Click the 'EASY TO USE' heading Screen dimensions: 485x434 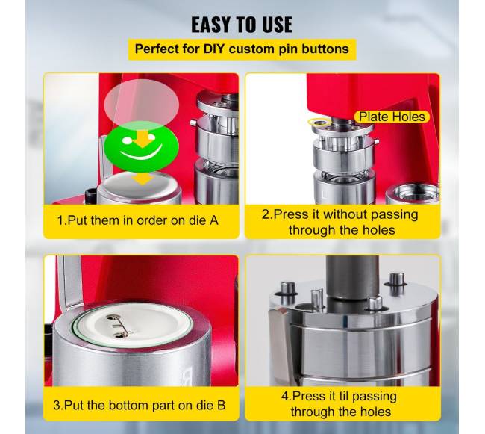242,25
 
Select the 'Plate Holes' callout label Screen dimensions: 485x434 392,117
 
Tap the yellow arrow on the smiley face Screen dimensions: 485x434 143,139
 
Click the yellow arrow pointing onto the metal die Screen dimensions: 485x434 143,179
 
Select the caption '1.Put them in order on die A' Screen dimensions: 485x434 138,220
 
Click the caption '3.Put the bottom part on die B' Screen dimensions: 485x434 140,405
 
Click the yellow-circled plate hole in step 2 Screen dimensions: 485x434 319,123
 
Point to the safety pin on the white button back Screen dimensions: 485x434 118,326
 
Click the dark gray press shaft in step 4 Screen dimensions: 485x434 353,277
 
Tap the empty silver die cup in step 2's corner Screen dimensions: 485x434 413,193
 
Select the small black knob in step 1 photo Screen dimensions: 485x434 91,196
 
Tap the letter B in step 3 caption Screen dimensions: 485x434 222,405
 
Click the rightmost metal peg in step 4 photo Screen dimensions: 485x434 396,280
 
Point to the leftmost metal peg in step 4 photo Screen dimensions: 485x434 287,289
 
